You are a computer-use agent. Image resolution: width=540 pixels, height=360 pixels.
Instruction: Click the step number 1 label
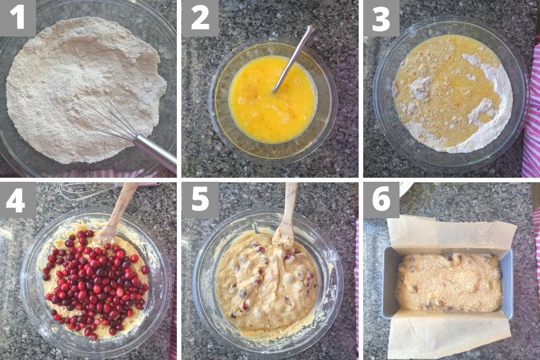[x=18, y=18]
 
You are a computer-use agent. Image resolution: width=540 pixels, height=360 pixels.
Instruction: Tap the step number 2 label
[x=200, y=18]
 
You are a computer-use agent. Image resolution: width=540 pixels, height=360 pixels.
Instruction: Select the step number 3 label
[x=381, y=18]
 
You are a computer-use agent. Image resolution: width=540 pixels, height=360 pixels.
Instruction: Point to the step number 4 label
[x=18, y=200]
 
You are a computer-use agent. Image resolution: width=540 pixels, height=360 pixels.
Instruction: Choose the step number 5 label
[x=200, y=200]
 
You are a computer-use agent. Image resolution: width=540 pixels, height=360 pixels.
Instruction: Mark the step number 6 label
[x=381, y=200]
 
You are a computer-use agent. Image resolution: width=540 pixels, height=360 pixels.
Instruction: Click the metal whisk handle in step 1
[x=155, y=153]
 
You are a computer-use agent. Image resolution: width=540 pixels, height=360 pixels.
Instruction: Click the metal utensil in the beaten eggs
[x=293, y=59]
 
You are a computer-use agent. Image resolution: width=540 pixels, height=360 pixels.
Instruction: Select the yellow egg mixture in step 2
[x=272, y=99]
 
